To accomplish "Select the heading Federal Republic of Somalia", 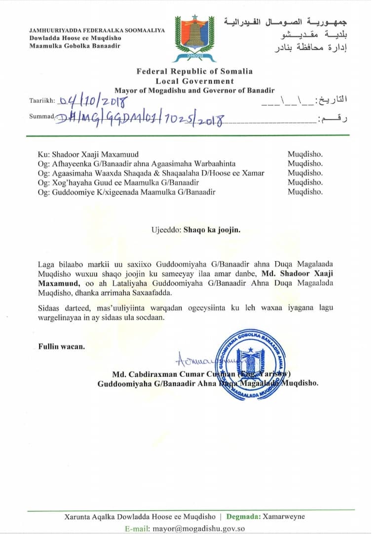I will point(194,71).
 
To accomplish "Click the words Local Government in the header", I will point(194,81).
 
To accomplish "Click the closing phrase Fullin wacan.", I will point(61,346).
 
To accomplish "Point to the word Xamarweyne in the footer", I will point(285,517).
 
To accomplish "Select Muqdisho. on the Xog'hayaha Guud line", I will point(305,182).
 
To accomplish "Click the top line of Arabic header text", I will point(285,22).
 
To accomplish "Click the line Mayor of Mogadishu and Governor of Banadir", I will point(194,90).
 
